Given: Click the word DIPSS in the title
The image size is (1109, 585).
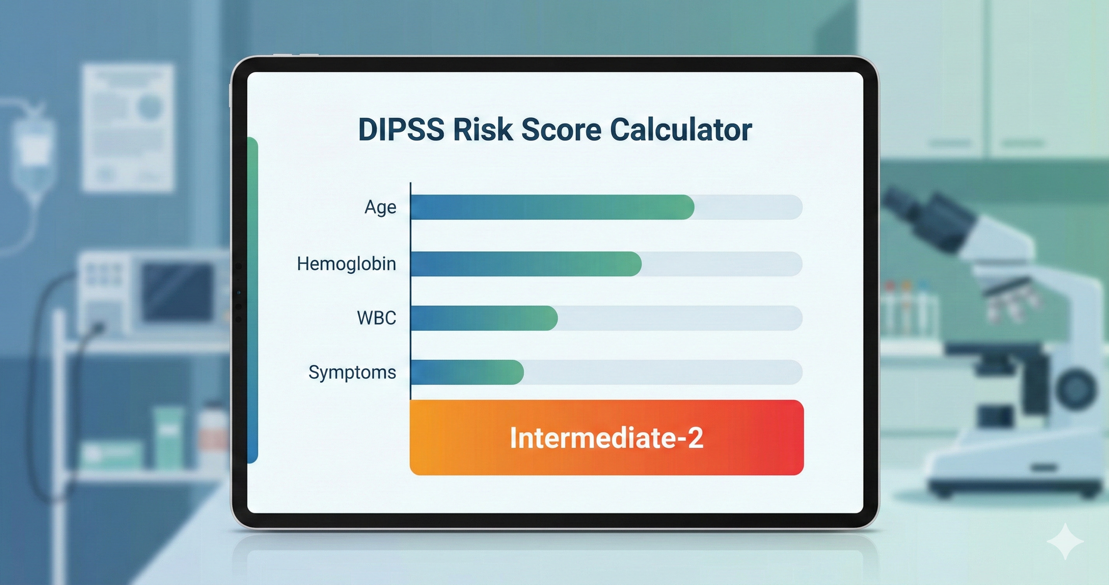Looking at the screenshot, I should click(x=401, y=130).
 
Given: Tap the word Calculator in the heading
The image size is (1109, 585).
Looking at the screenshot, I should click(x=681, y=130).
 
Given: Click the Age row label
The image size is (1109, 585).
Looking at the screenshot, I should click(x=380, y=207).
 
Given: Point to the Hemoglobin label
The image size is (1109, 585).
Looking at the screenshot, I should click(x=346, y=264).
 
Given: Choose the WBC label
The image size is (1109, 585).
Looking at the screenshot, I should click(x=376, y=318).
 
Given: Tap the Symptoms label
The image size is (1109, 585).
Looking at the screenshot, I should click(x=352, y=372).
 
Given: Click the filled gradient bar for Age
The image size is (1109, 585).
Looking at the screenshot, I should click(x=551, y=207).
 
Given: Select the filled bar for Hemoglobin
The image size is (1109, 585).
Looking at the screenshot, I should click(x=525, y=264).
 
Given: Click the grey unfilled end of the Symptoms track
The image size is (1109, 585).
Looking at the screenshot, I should click(x=663, y=372).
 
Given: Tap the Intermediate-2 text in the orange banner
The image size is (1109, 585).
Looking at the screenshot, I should click(x=606, y=438).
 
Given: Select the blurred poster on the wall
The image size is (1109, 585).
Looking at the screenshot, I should click(x=128, y=127).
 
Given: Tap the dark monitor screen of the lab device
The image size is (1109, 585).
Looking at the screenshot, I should click(x=176, y=292).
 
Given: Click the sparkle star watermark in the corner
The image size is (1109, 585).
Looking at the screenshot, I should click(x=1065, y=541).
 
